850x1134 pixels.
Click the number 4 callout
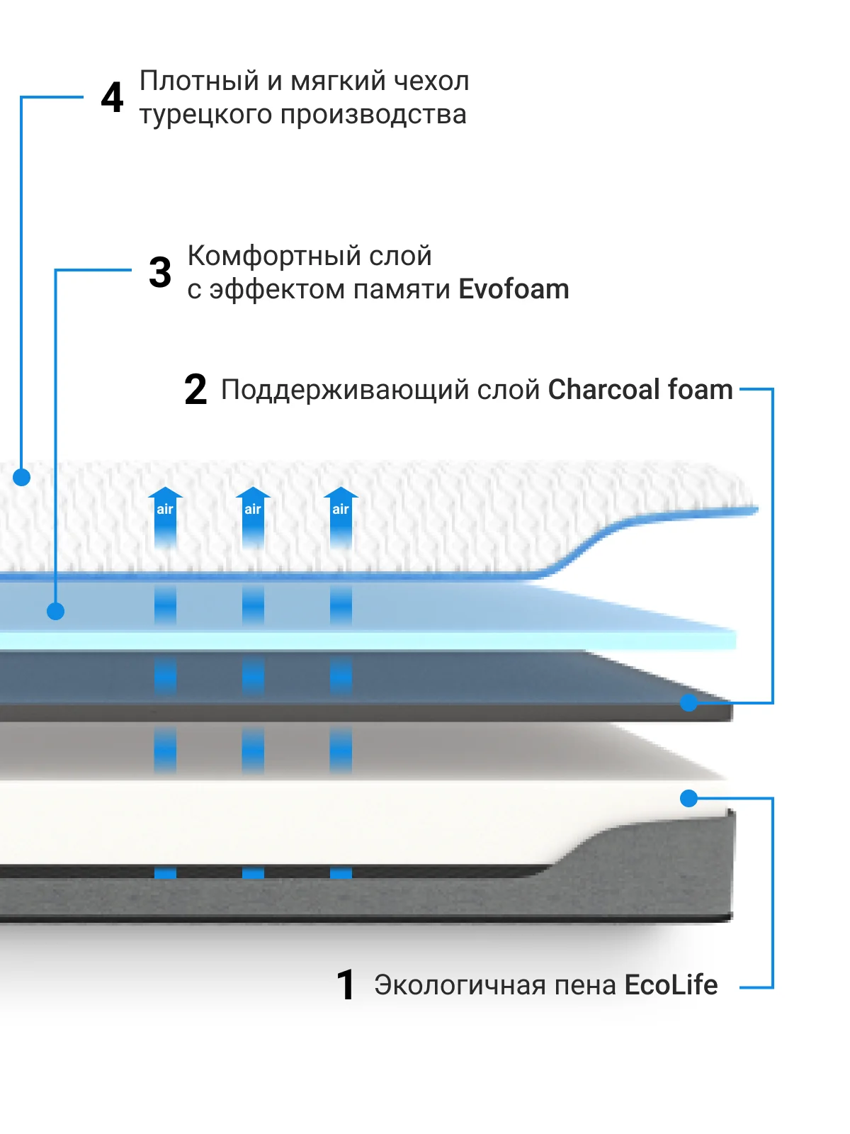(112, 98)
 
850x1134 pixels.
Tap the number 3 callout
(160, 273)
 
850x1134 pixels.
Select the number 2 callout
(195, 390)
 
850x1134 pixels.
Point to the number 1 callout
(346, 985)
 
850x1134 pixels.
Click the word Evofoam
(514, 289)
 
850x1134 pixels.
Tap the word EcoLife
(671, 985)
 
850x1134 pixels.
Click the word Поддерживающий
(344, 391)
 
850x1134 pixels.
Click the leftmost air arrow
(165, 514)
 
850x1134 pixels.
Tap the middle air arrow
(253, 514)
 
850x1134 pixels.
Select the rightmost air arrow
(341, 514)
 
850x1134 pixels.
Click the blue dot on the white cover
(22, 477)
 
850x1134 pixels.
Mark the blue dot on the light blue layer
(55, 611)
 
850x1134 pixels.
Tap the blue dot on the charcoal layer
(688, 702)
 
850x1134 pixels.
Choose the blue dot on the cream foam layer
(688, 799)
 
